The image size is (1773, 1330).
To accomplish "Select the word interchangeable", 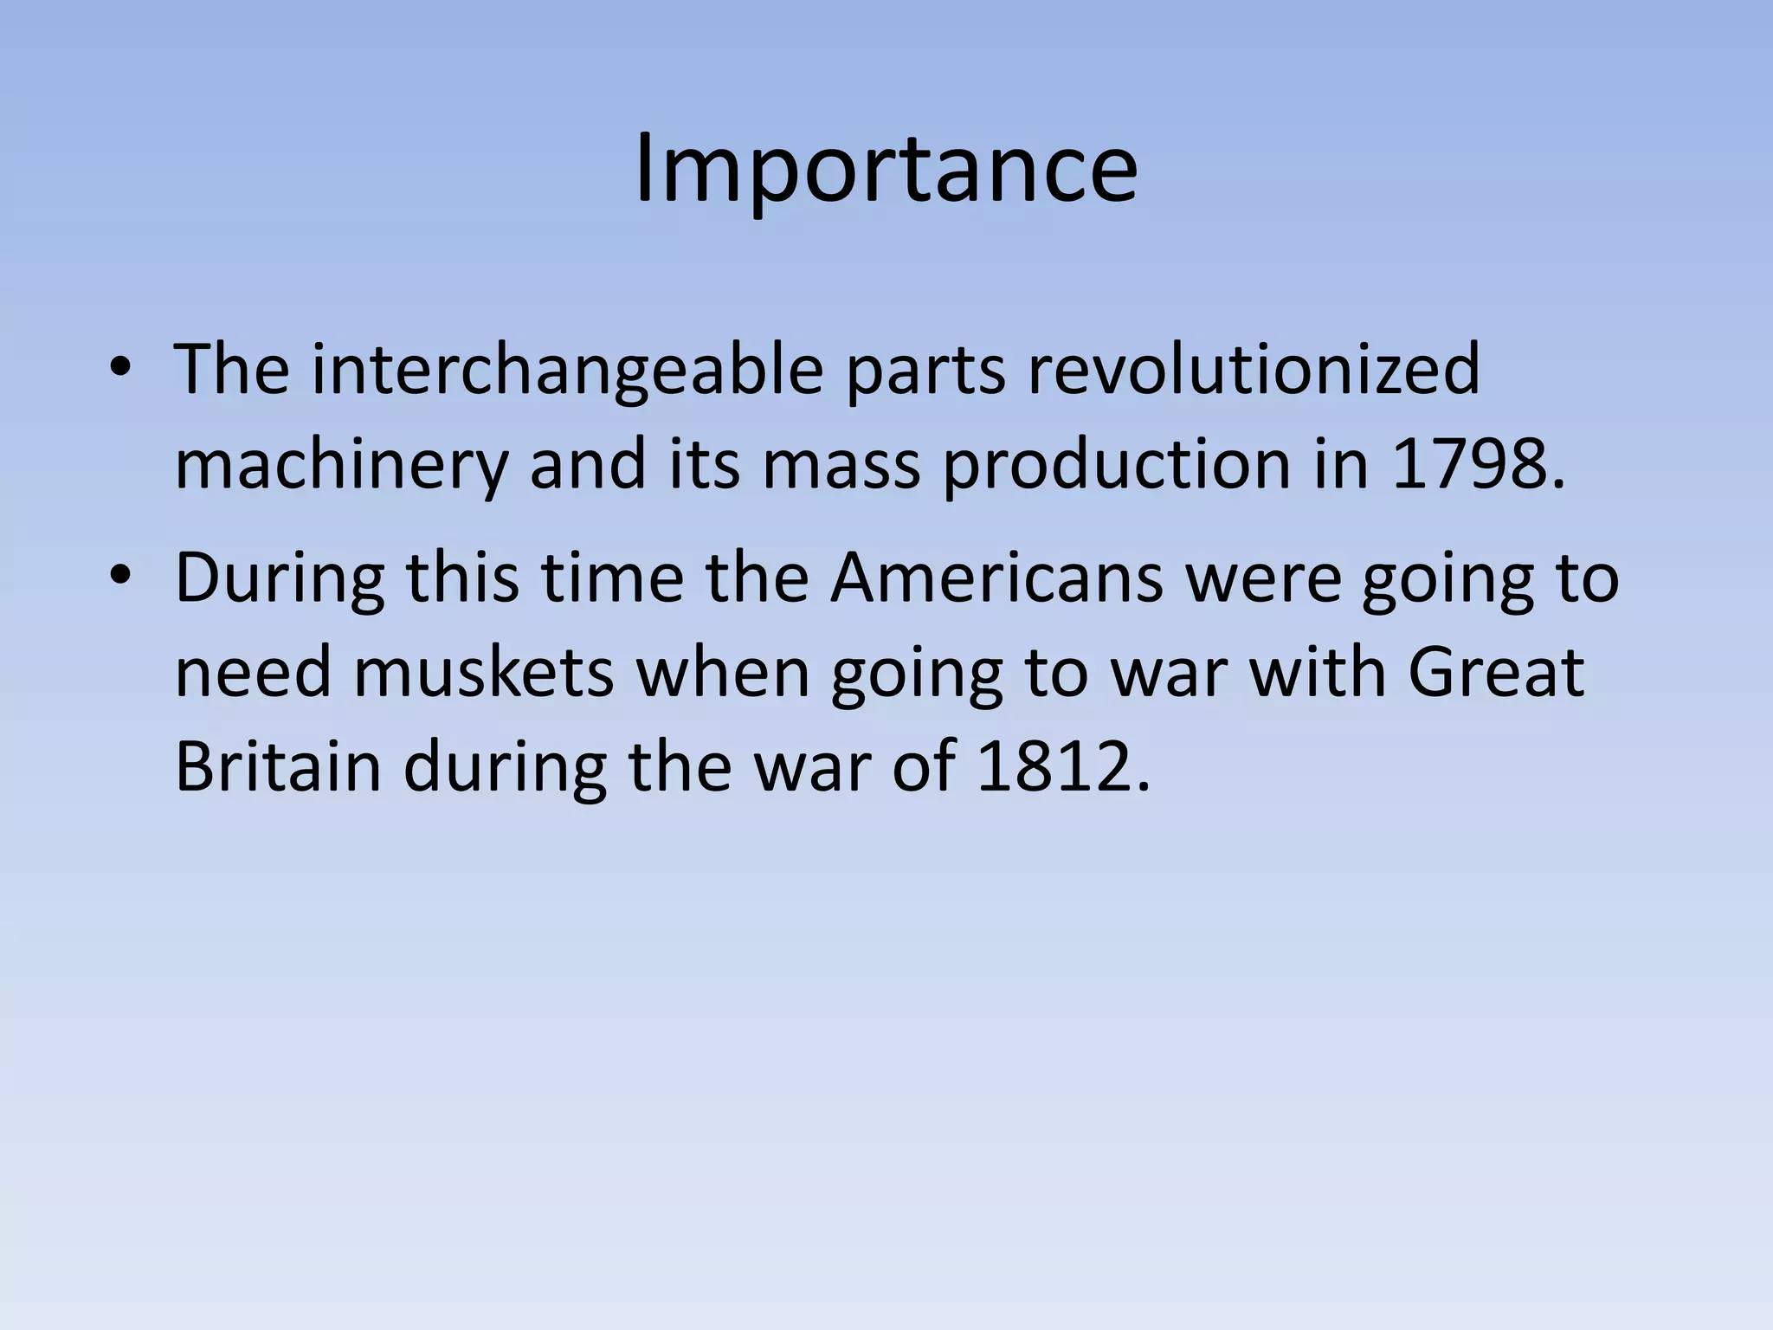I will [x=567, y=371].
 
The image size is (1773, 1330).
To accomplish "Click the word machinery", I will [x=341, y=466].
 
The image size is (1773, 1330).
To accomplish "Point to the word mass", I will [x=841, y=466].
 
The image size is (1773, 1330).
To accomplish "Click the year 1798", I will [x=1477, y=466].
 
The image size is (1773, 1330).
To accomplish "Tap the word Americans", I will [x=996, y=578].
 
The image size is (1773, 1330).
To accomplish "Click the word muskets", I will [x=483, y=673].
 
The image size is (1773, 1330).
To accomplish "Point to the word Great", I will [x=1496, y=673].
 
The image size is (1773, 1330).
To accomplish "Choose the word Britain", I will [x=278, y=766].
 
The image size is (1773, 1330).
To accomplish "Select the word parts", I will [x=925, y=371].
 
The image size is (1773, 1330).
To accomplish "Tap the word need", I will [x=254, y=673].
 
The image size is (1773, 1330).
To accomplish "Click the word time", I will [x=613, y=578].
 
